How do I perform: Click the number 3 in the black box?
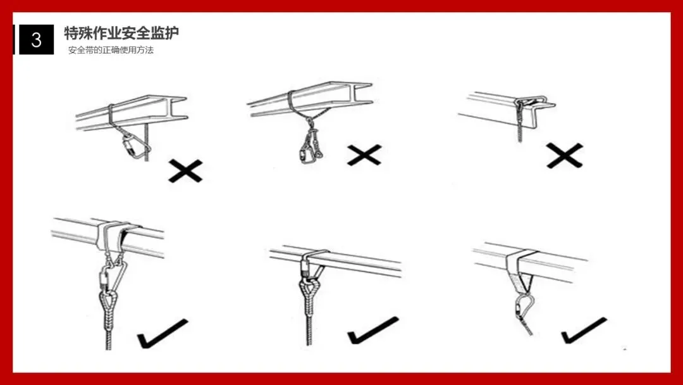click(x=37, y=40)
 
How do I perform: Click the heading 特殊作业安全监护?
click(x=121, y=33)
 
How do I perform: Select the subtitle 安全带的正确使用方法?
click(x=111, y=50)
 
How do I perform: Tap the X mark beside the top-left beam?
click(x=185, y=171)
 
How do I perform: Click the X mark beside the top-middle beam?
click(x=365, y=155)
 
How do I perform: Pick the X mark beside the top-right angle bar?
click(x=565, y=156)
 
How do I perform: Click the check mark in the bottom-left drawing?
click(x=163, y=334)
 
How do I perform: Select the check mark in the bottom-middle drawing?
click(x=373, y=330)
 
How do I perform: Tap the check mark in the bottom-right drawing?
click(x=584, y=331)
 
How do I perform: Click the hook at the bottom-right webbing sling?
click(x=524, y=308)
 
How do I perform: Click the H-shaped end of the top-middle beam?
click(x=362, y=94)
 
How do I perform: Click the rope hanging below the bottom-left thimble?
click(x=109, y=331)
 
